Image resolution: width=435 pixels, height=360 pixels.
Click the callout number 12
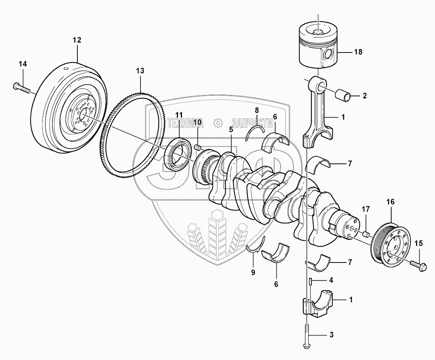pos(77,40)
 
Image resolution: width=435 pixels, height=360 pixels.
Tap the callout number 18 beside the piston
pos(358,52)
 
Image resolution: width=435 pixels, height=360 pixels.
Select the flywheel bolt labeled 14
pos(21,88)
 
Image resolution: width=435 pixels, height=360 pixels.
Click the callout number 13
pos(141,71)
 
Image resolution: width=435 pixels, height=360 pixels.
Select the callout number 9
pos(253,273)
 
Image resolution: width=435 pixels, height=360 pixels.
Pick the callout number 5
pos(231,129)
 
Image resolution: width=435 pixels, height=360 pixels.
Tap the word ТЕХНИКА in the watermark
pos(186,123)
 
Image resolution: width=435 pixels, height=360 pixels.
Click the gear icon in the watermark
pos(219,123)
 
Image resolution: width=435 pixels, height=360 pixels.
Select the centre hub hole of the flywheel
pos(84,113)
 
